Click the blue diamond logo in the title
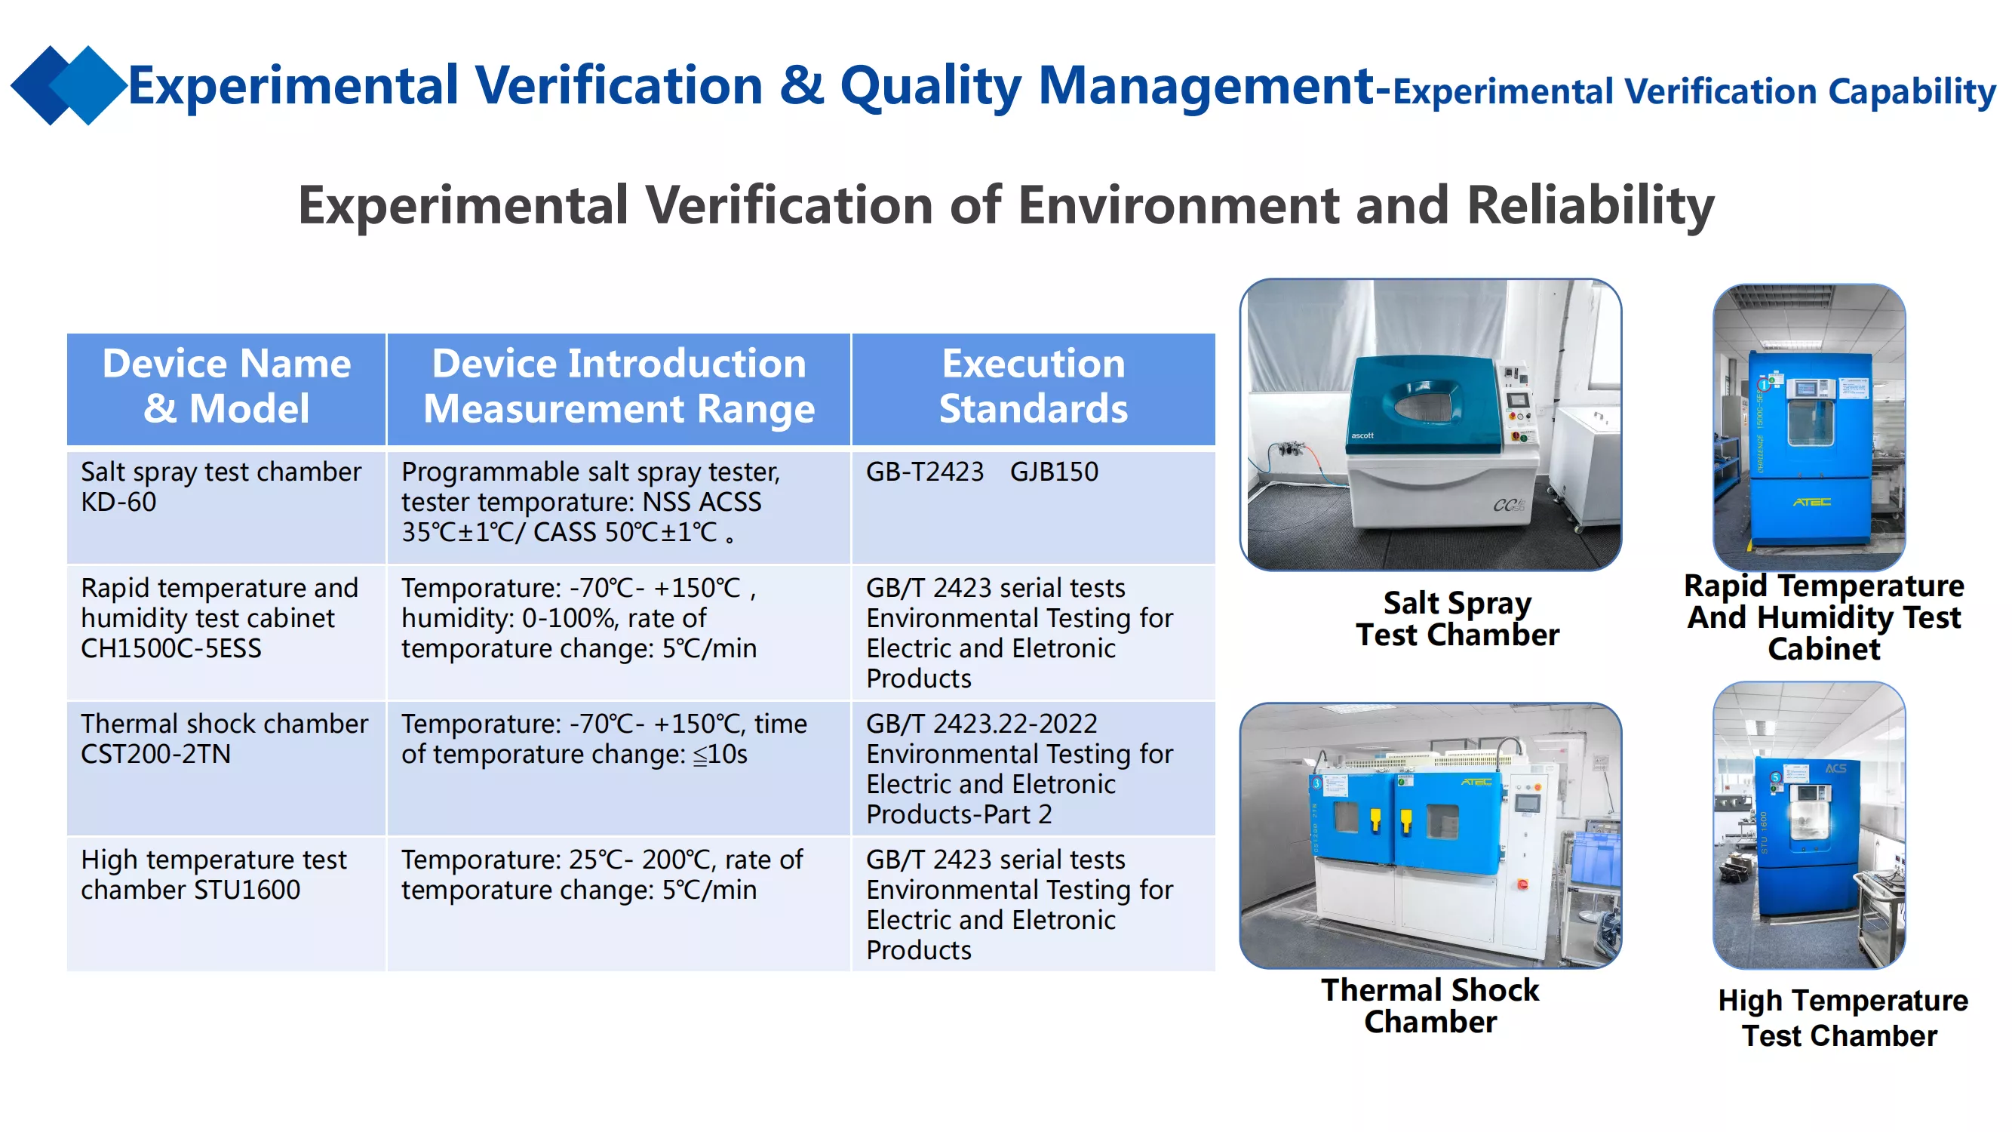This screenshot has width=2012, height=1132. click(x=69, y=85)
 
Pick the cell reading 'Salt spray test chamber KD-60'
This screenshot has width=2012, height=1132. click(x=226, y=506)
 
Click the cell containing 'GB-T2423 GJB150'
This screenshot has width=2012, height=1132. click(x=1034, y=506)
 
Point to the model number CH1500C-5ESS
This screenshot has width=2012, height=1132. click(x=171, y=648)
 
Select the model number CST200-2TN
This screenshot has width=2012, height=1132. click(x=155, y=754)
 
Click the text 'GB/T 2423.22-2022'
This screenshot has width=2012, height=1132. click(x=981, y=724)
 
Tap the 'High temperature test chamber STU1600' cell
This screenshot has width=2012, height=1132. click(x=226, y=904)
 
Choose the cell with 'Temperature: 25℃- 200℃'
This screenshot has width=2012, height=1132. click(x=619, y=904)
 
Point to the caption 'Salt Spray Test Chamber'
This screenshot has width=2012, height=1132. click(x=1458, y=619)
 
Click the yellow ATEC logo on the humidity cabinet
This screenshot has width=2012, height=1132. click(x=1811, y=502)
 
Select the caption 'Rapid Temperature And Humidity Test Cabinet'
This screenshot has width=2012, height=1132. click(x=1823, y=617)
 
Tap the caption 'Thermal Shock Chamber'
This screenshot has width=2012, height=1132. click(x=1430, y=1005)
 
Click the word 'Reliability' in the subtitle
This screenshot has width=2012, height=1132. click(x=1590, y=205)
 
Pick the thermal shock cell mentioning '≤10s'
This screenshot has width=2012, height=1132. click(x=619, y=769)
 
